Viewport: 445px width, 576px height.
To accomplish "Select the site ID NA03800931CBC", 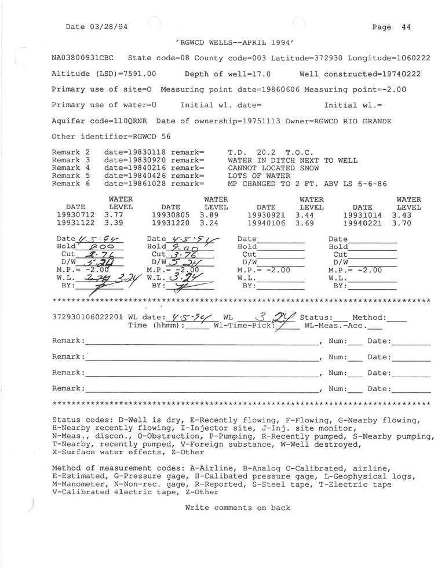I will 83,58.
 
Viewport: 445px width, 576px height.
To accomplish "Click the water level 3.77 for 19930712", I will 114,215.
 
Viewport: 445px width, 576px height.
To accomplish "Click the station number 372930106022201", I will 87,318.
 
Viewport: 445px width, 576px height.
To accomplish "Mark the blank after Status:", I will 341,318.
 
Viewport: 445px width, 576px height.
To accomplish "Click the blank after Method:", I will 397,318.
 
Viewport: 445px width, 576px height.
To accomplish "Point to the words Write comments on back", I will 238,508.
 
